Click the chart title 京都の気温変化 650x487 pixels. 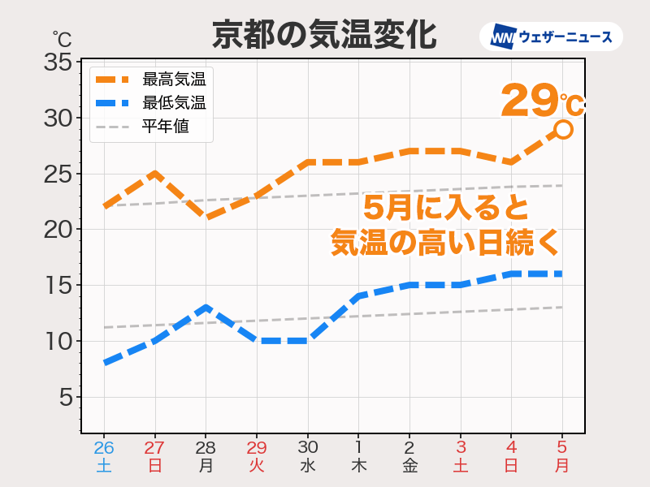[x=324, y=34]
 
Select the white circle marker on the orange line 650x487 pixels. [x=563, y=129]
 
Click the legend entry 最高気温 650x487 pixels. [x=173, y=80]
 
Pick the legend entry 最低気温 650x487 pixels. [x=173, y=103]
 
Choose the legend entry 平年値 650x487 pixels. [x=165, y=127]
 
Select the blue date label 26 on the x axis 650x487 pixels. [x=104, y=447]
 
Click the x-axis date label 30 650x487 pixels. [x=308, y=447]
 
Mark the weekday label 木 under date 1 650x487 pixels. [x=359, y=466]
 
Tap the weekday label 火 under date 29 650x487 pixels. [x=257, y=466]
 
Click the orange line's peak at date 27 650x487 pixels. [x=154, y=174]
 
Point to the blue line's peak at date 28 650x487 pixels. [x=206, y=308]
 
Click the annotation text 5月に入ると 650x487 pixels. [x=446, y=207]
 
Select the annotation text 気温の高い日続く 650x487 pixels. [x=446, y=242]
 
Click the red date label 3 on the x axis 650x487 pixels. [x=461, y=447]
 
